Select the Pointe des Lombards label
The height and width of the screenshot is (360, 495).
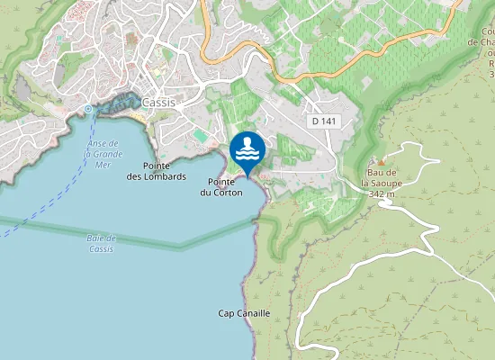(x=163, y=171)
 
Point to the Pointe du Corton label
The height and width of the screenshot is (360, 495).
(x=220, y=187)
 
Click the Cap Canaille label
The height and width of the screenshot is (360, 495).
(x=244, y=313)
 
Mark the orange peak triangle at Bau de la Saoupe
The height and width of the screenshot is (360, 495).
(x=381, y=162)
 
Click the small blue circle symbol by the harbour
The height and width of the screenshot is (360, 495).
(x=88, y=109)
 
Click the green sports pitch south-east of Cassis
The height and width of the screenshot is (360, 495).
(x=199, y=135)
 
